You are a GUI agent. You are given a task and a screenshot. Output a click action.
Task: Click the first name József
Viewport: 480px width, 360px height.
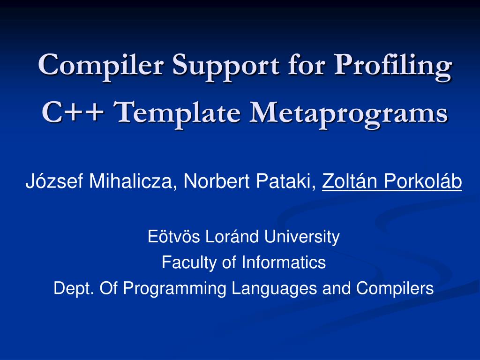click(x=54, y=180)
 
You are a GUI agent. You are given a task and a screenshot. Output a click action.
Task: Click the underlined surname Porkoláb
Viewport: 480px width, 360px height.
click(x=422, y=180)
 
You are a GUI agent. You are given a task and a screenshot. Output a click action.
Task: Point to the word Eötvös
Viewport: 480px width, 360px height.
click(x=173, y=236)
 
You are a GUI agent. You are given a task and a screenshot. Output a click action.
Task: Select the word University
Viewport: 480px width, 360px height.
click(x=302, y=237)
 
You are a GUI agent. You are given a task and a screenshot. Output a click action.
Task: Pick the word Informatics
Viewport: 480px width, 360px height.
click(x=284, y=262)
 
